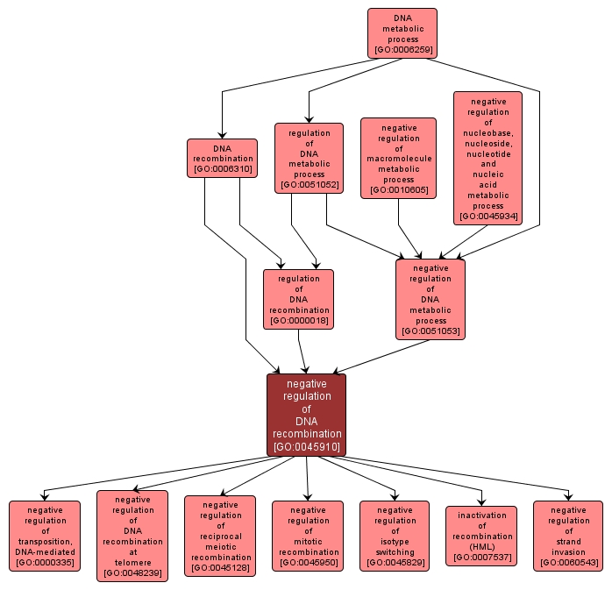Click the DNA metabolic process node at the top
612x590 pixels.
tap(402, 33)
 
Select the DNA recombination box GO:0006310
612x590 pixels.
tap(222, 158)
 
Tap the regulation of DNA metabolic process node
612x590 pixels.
tap(309, 158)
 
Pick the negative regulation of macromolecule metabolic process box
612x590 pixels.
tap(398, 159)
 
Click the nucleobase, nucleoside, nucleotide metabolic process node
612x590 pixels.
tap(487, 158)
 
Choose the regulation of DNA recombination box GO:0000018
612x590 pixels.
tap(299, 299)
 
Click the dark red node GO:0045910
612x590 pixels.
tap(307, 415)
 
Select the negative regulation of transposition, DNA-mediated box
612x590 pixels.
tap(44, 536)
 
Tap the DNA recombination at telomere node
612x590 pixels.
tap(132, 536)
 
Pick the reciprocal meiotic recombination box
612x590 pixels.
tap(220, 536)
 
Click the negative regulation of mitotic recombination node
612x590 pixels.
tap(307, 536)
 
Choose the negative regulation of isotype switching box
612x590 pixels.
tap(395, 536)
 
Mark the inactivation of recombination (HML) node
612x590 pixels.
tap(481, 536)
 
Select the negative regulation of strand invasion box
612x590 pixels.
tap(568, 536)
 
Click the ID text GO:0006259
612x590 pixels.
tap(402, 50)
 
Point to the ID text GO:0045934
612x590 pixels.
tap(487, 217)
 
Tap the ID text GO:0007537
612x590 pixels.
tap(481, 558)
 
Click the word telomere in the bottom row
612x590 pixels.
tap(132, 562)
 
